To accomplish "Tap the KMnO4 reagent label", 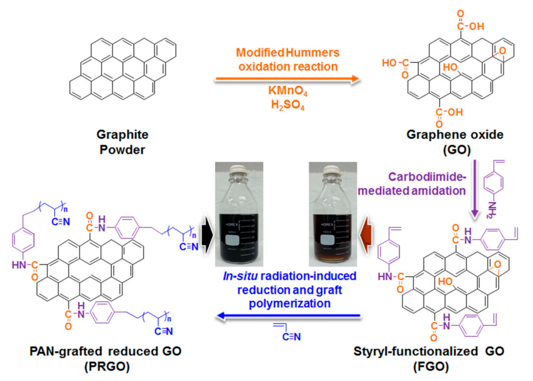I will tap(288, 91).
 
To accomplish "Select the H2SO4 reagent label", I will tap(288, 105).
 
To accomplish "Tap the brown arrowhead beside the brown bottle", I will tap(366, 235).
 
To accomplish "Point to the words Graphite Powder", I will tap(122, 142).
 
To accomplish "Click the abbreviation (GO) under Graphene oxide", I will tap(457, 150).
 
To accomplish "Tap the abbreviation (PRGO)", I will tap(107, 366).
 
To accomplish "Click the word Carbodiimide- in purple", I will tap(427, 177).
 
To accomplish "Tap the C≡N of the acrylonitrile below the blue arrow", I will tap(291, 337).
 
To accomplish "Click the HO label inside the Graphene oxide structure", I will tap(450, 67).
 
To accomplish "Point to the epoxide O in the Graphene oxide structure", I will tap(502, 51).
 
